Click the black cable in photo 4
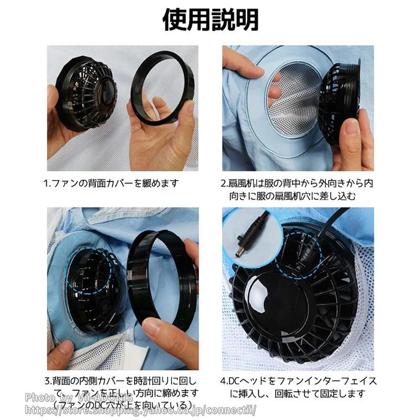point(329,229)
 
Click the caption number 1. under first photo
point(47,183)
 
